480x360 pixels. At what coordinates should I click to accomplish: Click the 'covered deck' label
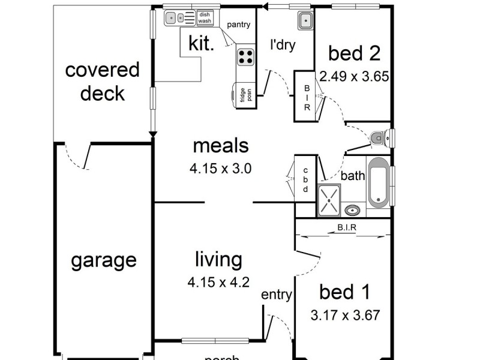coord(102,82)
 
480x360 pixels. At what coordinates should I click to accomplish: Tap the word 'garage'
coord(104,261)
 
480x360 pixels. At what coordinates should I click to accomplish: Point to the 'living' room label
coord(218,260)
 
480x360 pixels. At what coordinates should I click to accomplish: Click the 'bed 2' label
coord(354,53)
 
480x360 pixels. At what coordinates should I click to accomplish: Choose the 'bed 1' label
coord(344,293)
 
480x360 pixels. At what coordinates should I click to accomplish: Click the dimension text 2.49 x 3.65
coord(355,76)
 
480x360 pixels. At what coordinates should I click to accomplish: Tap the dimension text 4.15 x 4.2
coord(218,281)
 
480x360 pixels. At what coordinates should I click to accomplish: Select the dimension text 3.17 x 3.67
coord(345,315)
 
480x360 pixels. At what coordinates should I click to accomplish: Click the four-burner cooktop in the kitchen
coord(245,57)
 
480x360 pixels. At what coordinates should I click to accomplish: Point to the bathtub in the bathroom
coord(378,182)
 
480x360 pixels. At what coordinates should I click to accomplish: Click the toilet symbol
coord(377,138)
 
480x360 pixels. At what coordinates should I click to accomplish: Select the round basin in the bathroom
coord(353,209)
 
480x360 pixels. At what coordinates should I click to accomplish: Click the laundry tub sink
coord(305,20)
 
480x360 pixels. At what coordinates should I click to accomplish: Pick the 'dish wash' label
coord(205,18)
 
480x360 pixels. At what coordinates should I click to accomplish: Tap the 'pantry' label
coord(238,25)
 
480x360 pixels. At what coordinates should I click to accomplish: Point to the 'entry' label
coord(277,295)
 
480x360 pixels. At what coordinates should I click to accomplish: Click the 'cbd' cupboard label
coord(305,180)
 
